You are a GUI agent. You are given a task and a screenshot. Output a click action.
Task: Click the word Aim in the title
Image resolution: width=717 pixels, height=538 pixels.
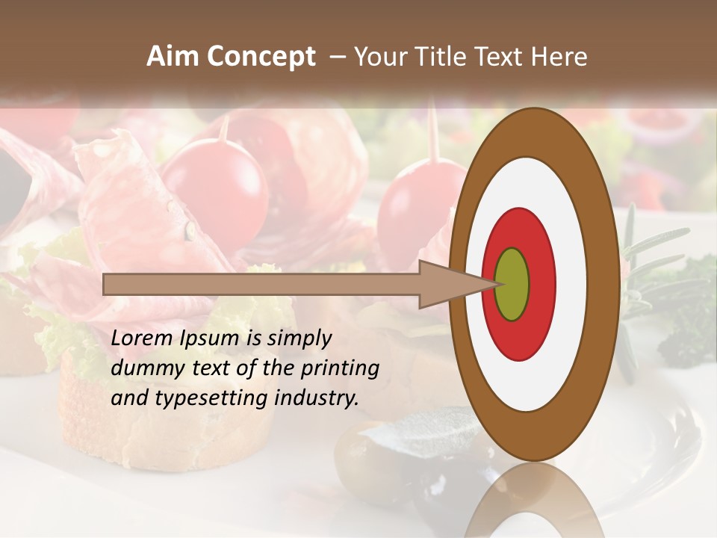coord(169,57)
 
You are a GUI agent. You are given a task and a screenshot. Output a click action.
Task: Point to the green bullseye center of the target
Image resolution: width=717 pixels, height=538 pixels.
coord(512,284)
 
